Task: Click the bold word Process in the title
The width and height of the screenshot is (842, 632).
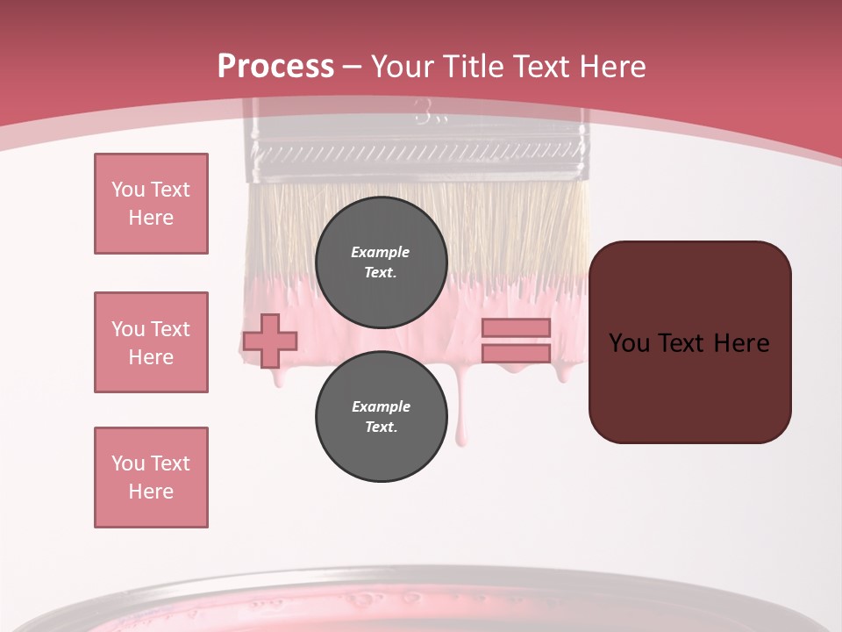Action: click(x=275, y=66)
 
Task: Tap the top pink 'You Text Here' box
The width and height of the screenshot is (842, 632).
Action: click(x=151, y=204)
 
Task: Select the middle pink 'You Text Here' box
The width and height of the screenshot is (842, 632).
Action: click(x=151, y=342)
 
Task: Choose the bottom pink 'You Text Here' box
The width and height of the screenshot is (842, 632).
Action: click(x=151, y=478)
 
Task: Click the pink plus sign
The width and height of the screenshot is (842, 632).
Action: click(x=270, y=341)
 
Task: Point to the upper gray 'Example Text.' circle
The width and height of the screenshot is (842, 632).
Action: click(x=381, y=262)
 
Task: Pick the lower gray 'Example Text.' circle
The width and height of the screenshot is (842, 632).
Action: click(x=381, y=416)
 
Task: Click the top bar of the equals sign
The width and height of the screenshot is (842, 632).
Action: click(x=516, y=327)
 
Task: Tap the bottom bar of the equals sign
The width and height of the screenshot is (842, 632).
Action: click(x=516, y=353)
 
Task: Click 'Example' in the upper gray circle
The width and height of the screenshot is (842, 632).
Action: click(x=381, y=252)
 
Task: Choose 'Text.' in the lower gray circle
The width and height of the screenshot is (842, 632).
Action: click(x=381, y=427)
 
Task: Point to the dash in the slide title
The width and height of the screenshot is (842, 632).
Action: click(x=353, y=67)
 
